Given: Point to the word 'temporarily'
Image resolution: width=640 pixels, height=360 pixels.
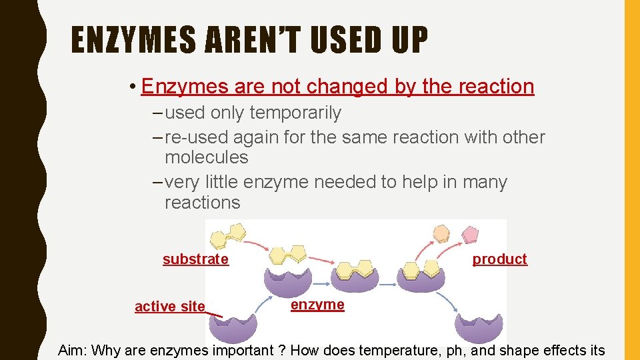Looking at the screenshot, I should tap(295, 113).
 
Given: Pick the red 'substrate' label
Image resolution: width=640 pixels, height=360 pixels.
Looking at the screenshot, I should tap(195, 259).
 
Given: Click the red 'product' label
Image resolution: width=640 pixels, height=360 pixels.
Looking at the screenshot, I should tap(499, 259).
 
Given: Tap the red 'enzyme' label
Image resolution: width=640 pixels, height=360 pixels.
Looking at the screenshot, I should tap(317, 305).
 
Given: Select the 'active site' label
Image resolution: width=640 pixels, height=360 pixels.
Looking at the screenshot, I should tap(170, 307).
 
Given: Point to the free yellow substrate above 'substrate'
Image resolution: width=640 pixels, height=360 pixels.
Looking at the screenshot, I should tap(227, 235).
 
